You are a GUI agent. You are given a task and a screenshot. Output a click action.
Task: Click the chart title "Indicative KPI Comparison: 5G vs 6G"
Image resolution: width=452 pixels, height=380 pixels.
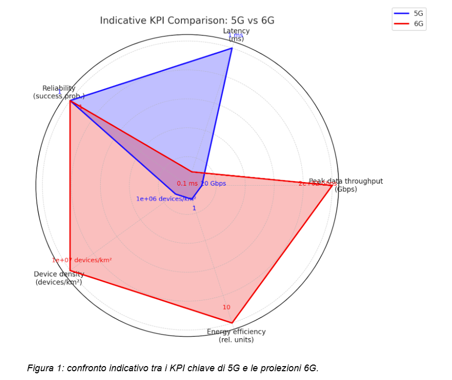tap(186, 21)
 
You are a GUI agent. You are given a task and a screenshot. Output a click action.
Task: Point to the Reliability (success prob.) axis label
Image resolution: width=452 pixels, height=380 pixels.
tap(59, 92)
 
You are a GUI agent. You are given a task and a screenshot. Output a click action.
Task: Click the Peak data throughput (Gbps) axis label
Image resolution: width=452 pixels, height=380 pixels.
tap(346, 185)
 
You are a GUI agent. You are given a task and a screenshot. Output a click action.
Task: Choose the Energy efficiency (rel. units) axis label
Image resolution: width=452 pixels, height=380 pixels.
tap(236, 335)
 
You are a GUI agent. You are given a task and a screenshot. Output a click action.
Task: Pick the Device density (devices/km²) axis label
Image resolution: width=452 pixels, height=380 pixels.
tap(59, 278)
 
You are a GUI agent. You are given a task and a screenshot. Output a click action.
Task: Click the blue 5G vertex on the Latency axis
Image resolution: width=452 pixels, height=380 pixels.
tap(231, 48)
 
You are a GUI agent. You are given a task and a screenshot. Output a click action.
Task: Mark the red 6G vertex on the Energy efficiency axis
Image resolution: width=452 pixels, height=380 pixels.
tap(232, 323)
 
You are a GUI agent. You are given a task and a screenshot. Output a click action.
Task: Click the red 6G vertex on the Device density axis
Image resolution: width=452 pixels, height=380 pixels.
tap(70, 271)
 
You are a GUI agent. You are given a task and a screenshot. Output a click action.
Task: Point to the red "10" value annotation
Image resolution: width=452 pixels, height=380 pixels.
tap(226, 307)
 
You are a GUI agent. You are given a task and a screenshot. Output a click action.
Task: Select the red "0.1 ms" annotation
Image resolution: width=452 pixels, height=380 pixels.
tap(187, 184)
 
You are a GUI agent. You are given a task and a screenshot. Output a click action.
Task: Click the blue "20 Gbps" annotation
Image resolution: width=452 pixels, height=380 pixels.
tap(213, 184)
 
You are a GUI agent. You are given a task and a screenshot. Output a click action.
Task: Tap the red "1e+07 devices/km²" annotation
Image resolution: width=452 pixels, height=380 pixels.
tap(82, 260)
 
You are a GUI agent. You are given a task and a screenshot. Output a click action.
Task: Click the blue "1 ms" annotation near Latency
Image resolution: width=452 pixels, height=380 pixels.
tap(235, 36)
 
